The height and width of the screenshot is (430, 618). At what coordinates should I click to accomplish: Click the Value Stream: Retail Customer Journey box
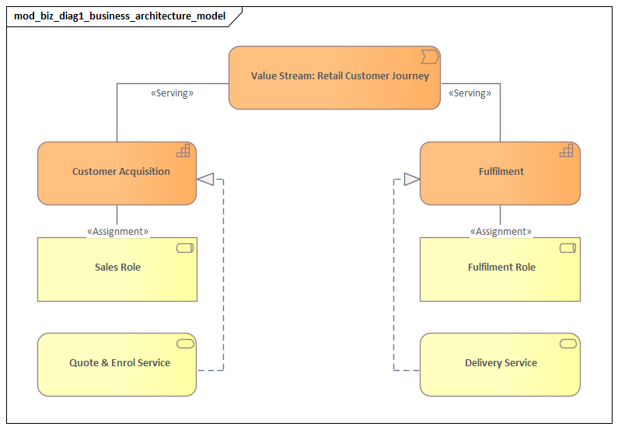[334, 77]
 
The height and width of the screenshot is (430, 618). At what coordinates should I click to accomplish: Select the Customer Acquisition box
[117, 173]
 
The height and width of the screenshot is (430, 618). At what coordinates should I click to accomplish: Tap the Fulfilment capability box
[500, 173]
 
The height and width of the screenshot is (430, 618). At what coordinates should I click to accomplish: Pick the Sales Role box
[117, 269]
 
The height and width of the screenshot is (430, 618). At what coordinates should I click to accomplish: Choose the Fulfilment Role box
[500, 269]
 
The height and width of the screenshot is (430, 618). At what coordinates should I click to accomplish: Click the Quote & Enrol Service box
[117, 365]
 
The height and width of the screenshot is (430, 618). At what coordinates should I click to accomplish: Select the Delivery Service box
[500, 365]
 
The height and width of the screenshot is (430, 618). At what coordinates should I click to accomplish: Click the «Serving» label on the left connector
[172, 93]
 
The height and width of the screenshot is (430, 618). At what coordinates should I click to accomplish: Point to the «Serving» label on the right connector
[470, 93]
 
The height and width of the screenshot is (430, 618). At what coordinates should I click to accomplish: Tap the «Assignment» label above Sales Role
[117, 231]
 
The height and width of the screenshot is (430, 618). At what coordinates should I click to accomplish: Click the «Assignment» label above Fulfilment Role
[501, 231]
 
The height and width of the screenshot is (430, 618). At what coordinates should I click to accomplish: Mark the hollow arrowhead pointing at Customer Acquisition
[205, 180]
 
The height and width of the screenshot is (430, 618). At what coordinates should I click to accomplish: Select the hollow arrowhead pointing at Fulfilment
[411, 180]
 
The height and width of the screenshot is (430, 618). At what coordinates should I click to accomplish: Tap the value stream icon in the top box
[430, 56]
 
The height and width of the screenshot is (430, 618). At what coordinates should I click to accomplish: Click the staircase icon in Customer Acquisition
[184, 151]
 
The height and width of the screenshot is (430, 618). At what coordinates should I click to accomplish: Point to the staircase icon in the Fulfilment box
[567, 151]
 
